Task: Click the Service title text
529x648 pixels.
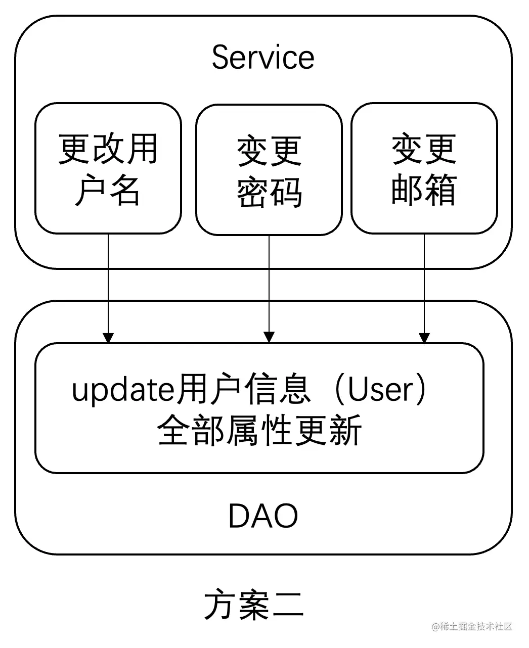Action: point(262,57)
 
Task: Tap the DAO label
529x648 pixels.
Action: point(262,516)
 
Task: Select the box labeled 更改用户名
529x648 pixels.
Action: point(108,168)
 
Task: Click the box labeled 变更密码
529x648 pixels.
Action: point(269,170)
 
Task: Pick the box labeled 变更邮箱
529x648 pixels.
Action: point(424,168)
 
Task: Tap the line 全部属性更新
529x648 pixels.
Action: point(259,431)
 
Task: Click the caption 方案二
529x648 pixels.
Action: point(254,604)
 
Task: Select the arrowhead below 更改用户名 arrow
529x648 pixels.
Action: point(108,337)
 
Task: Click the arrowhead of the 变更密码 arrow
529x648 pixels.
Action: point(269,337)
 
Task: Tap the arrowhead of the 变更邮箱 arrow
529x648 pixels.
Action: point(424,337)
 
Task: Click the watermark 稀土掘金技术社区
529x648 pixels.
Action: point(476,626)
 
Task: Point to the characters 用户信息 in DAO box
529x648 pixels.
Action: point(243,390)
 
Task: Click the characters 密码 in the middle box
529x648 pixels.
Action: point(269,193)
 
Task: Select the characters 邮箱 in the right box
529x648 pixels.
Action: point(424,191)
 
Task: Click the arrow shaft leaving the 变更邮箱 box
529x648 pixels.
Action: point(424,283)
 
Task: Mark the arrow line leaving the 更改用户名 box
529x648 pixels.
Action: point(108,283)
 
